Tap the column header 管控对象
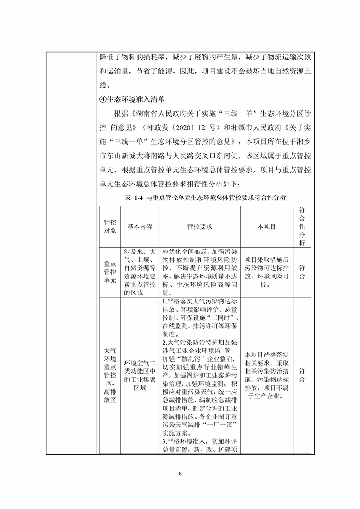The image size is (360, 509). [110, 226]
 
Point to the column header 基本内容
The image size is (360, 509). [140, 226]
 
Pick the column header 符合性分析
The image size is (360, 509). [302, 226]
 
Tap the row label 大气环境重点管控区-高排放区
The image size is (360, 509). [110, 375]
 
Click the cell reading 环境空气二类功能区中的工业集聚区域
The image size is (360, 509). [140, 375]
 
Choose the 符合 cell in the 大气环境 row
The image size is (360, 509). [302, 375]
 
